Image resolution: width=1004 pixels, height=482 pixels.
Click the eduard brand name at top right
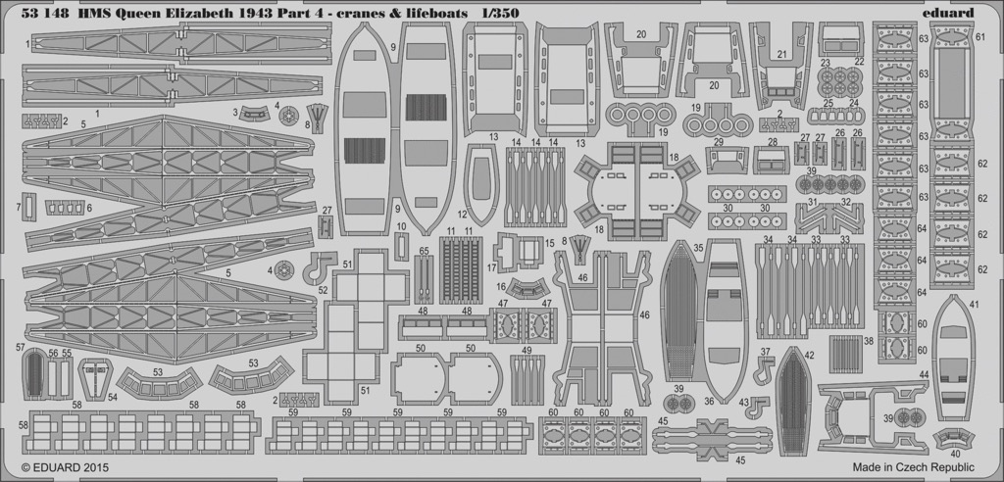949,13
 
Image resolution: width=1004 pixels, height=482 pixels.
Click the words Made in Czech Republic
913,467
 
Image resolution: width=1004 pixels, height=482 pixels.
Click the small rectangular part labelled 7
28,207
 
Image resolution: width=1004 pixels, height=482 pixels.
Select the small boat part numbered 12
481,184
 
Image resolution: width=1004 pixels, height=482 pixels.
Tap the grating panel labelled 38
846,354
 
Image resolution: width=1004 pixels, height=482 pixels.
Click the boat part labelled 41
953,358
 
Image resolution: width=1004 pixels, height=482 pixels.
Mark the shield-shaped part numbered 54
95,378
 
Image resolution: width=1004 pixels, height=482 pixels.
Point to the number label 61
979,36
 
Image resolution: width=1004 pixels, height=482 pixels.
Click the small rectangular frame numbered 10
401,246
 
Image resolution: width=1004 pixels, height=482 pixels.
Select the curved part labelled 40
953,439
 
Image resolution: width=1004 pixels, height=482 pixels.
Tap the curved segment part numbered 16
527,289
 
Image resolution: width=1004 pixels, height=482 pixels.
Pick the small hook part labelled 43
760,407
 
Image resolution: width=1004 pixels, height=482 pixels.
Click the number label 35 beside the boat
698,247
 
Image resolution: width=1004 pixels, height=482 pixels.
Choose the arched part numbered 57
33,374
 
